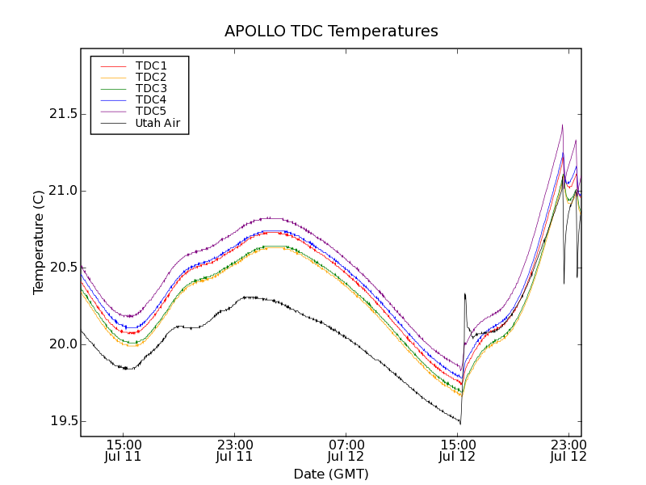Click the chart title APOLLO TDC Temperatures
[x=331, y=32]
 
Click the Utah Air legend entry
[x=157, y=124]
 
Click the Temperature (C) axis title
[x=39, y=242]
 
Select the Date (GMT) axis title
[x=331, y=474]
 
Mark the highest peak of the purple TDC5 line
[x=562, y=124]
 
